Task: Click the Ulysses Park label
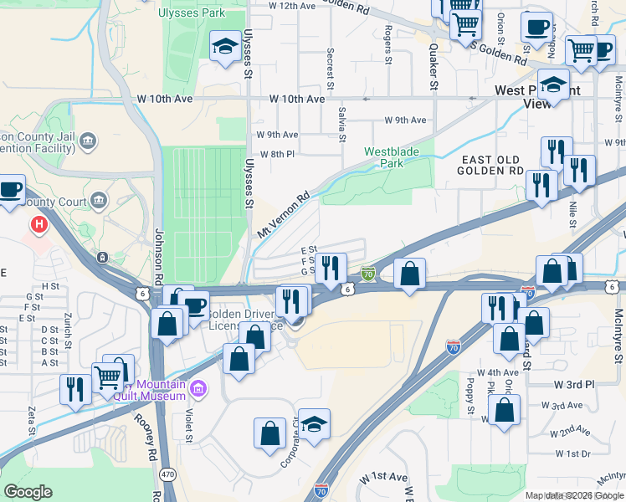[x=191, y=13]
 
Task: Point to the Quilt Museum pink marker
[x=198, y=388]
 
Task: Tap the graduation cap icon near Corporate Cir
[x=315, y=424]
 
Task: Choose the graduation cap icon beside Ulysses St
[x=224, y=46]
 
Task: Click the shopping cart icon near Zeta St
[x=108, y=378]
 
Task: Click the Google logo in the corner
[x=28, y=492]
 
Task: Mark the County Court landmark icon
[x=100, y=200]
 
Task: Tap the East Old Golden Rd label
[x=489, y=165]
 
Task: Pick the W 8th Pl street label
[x=277, y=154]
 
